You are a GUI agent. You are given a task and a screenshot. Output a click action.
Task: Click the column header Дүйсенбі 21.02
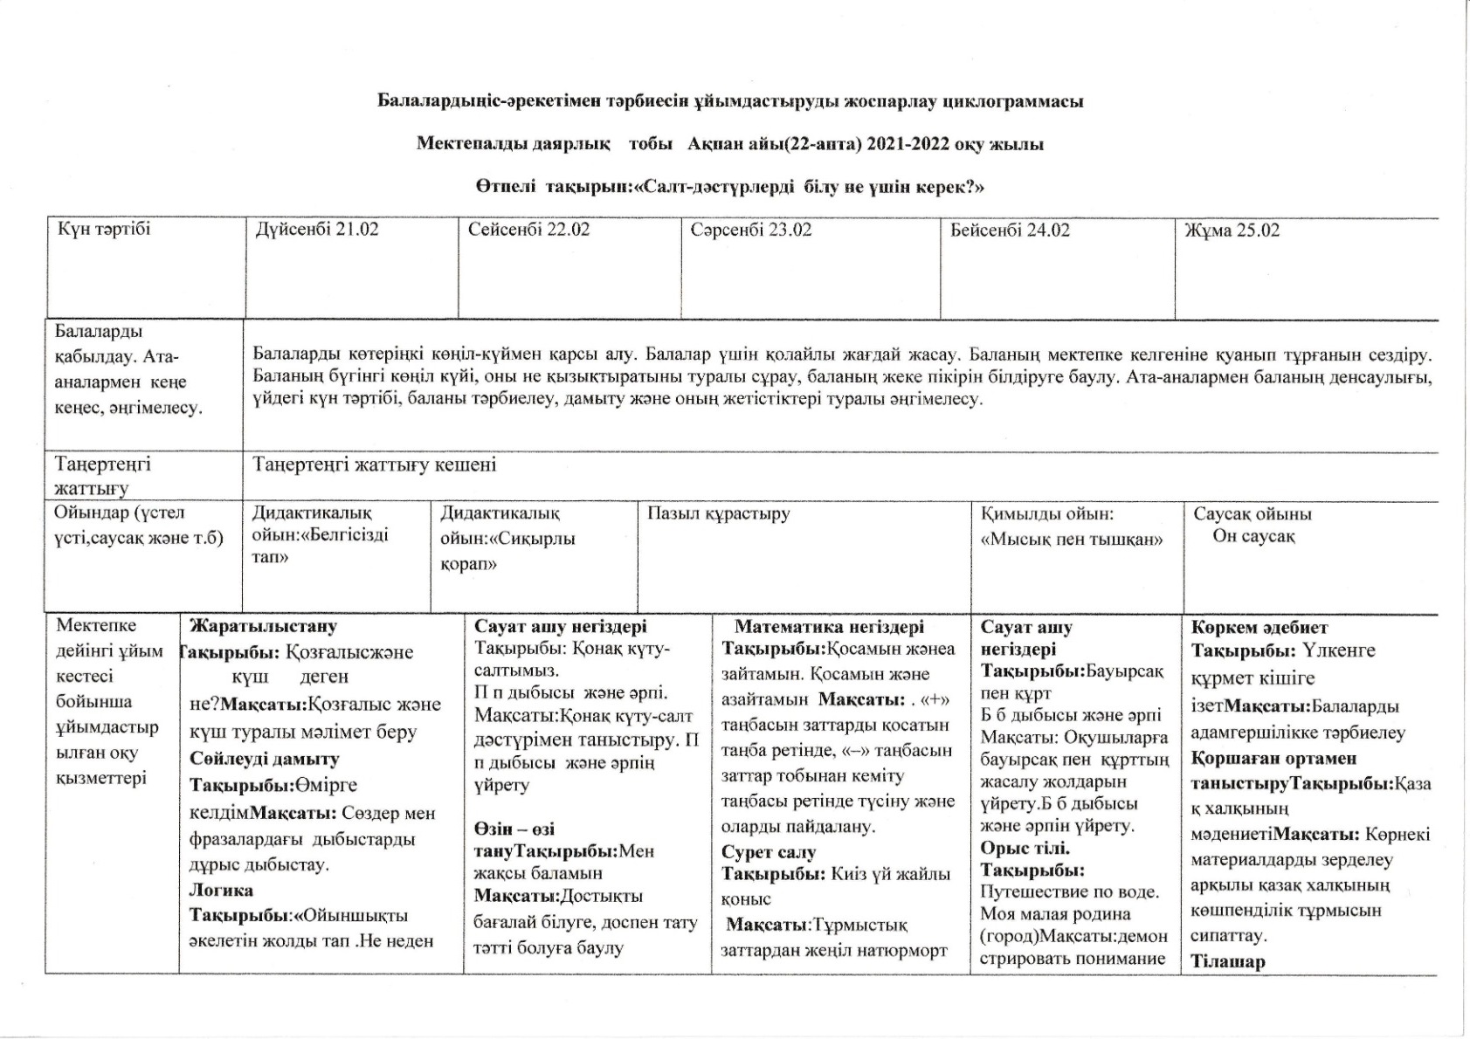click(316, 231)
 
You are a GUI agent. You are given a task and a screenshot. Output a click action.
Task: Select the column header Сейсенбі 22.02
click(528, 231)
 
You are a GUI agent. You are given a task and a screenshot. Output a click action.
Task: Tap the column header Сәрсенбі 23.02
click(750, 231)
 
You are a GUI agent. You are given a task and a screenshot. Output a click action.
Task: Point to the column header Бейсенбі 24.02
click(1010, 231)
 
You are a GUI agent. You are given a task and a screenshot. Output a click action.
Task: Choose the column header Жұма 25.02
click(1232, 231)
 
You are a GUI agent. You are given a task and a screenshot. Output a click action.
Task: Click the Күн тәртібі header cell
click(104, 230)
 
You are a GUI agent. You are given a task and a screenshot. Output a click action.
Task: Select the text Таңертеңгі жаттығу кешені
click(375, 464)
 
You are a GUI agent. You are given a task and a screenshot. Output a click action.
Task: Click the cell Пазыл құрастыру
click(718, 513)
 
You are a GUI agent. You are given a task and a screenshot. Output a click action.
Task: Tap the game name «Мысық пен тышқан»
click(1072, 540)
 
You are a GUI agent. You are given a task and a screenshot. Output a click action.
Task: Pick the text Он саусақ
click(1253, 536)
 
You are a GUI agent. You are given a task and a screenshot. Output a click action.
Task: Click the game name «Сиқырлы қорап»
click(507, 551)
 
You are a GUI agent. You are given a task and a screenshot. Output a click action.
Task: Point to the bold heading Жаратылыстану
click(263, 626)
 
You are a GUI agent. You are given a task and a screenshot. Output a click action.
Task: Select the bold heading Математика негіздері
click(829, 627)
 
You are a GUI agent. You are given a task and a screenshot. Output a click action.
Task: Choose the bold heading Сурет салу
click(769, 852)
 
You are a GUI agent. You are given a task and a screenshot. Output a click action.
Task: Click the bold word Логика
click(222, 891)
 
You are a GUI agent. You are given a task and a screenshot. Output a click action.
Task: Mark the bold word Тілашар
click(1228, 962)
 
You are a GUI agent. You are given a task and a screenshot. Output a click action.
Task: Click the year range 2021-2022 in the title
click(908, 144)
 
